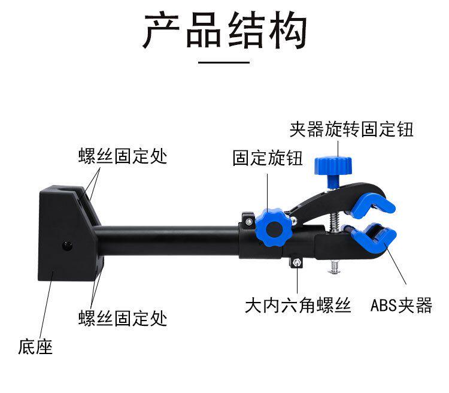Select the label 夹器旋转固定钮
351,129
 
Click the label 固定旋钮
268,159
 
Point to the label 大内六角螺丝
298,306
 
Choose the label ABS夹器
401,306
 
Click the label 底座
35,346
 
